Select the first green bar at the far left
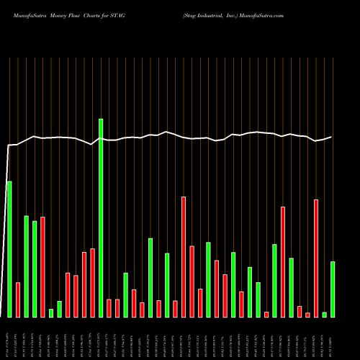click(x=9, y=248)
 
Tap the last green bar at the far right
click(x=332, y=289)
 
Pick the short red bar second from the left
click(x=18, y=300)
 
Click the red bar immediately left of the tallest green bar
click(x=93, y=282)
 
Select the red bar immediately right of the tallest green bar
click(x=109, y=307)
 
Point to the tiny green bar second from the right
click(x=324, y=314)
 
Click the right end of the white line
click(x=332, y=137)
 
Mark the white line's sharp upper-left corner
click(x=9, y=146)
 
